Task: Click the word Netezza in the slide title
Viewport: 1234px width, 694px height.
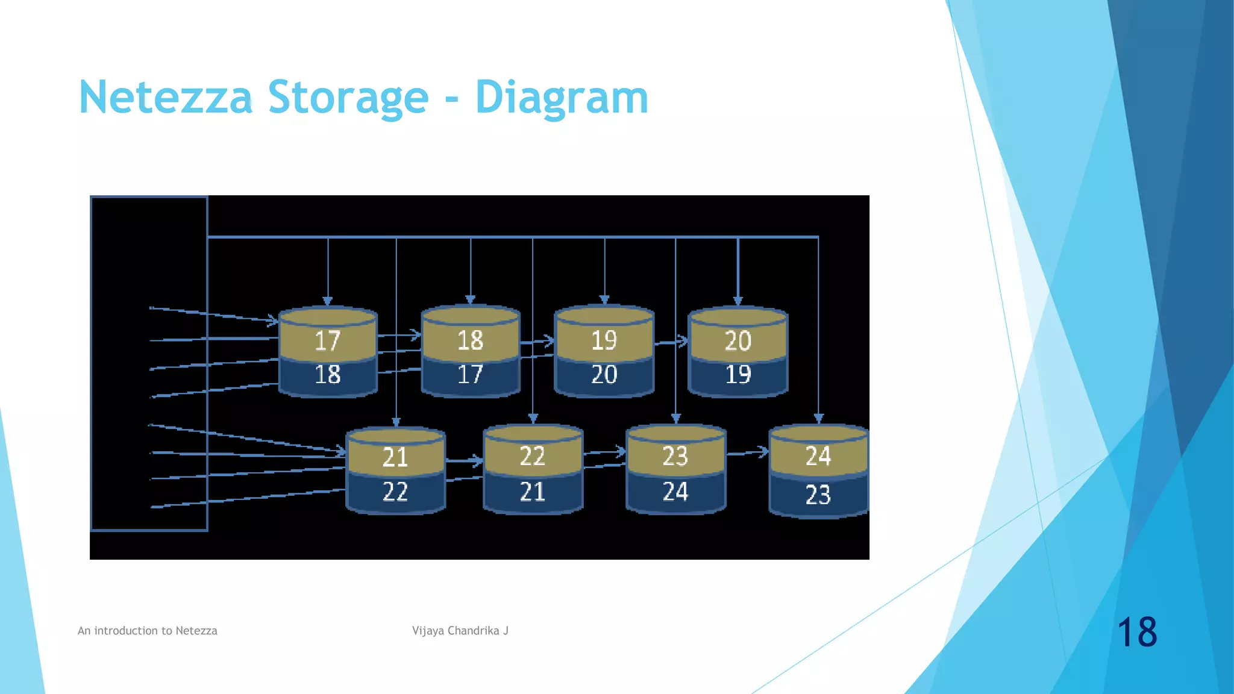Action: point(165,98)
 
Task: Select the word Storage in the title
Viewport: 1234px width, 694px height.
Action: point(348,98)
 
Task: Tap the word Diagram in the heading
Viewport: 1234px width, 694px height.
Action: point(561,98)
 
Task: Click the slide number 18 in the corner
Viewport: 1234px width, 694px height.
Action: point(1137,632)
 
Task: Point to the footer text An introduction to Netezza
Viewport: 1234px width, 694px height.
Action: point(148,631)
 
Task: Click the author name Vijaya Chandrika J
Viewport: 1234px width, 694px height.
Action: point(460,631)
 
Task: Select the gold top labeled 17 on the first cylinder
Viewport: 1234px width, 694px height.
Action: point(328,340)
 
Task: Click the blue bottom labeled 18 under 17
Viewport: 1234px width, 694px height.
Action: point(328,375)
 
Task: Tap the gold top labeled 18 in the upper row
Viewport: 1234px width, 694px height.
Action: point(471,340)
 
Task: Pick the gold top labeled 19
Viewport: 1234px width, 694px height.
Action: point(604,340)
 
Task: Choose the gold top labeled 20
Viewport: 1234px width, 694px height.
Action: point(738,341)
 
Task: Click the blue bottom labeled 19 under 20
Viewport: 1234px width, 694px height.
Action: point(738,375)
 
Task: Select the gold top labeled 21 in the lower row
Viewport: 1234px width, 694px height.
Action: point(395,457)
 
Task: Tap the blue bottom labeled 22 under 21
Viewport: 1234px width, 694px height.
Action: point(395,492)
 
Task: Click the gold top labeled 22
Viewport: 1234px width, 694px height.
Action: point(533,456)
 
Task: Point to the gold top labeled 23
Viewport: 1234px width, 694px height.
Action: point(675,456)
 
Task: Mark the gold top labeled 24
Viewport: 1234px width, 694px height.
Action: point(818,456)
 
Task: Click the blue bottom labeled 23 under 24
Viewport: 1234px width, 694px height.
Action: point(818,495)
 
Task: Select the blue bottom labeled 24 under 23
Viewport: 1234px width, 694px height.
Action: point(675,492)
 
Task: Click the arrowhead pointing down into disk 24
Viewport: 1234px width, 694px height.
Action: point(818,418)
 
